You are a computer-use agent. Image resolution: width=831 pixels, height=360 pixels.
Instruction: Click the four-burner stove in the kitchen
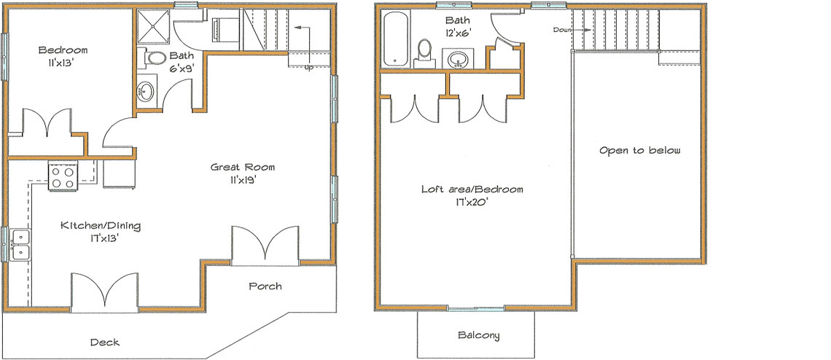coord(63,176)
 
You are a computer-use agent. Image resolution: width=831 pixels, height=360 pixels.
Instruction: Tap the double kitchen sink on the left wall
coord(20,244)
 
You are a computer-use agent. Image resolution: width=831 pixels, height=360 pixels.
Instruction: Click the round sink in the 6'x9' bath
coord(146,92)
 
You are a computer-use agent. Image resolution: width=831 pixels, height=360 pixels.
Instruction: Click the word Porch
coord(265,286)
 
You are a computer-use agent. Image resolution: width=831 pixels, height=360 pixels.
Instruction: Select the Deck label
coord(104,342)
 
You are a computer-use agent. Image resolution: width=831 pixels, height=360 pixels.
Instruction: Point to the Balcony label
coord(478,335)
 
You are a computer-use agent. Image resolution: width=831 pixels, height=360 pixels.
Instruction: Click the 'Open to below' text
coord(639,150)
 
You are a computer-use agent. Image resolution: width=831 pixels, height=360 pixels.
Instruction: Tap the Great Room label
coord(243,167)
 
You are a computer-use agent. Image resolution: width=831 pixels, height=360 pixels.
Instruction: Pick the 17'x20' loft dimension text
coord(472,202)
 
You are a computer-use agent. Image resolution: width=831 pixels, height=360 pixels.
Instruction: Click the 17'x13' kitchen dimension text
coord(100,238)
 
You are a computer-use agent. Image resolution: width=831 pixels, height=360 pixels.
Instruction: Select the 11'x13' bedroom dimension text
coord(63,63)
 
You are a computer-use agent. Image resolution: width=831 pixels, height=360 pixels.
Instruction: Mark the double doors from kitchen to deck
coord(104,292)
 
